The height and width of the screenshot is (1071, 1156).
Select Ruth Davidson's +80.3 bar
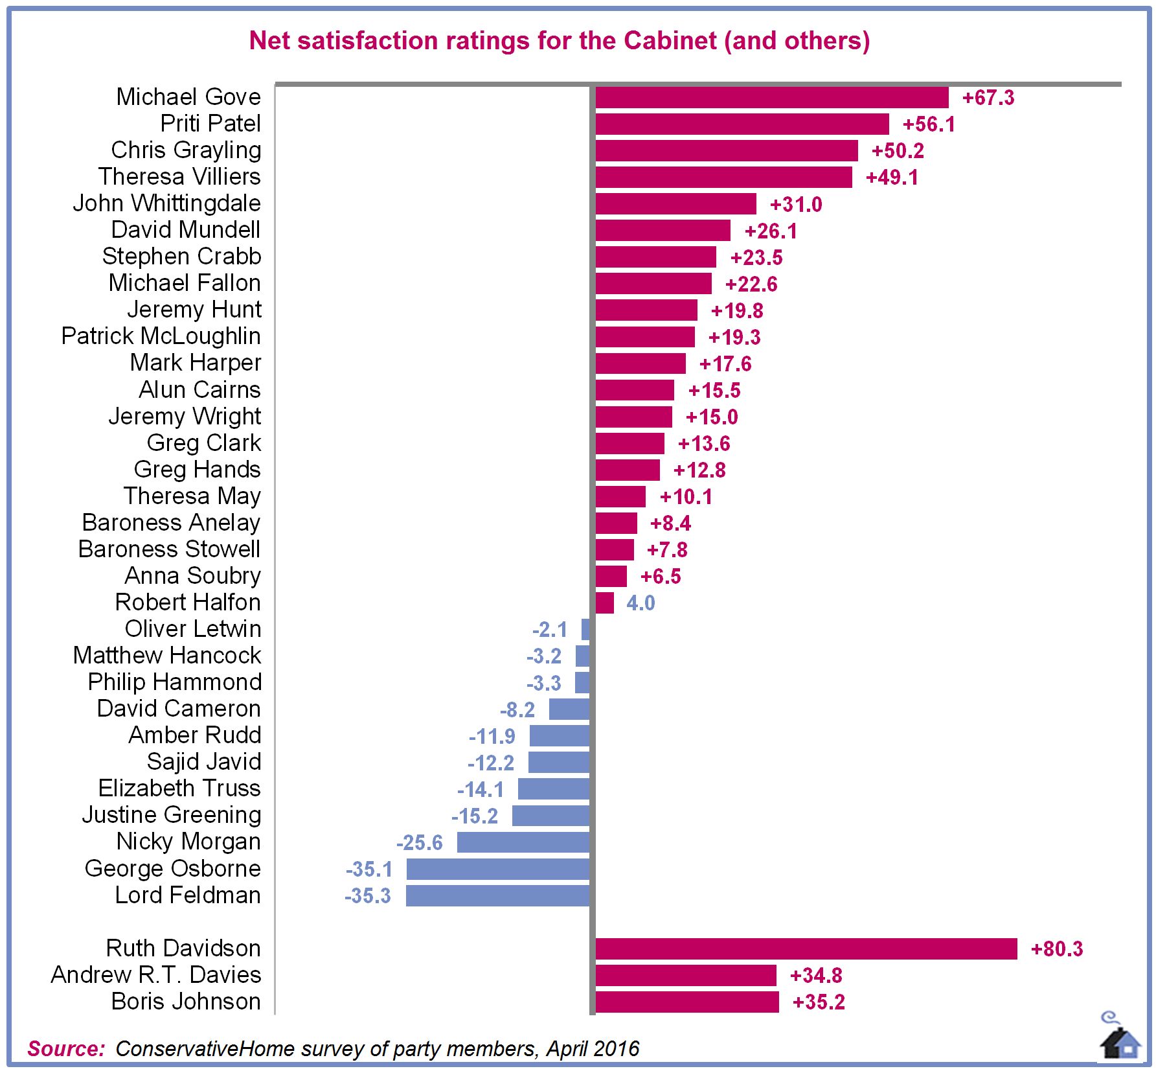(x=806, y=949)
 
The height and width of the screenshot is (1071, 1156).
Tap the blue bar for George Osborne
(x=497, y=869)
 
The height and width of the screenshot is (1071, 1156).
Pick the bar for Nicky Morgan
(x=523, y=842)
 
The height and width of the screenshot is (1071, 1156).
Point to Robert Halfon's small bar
(x=604, y=603)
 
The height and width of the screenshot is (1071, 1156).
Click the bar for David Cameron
(x=569, y=709)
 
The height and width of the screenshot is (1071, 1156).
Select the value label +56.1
(x=929, y=124)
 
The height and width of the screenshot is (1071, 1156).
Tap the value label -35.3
(x=368, y=896)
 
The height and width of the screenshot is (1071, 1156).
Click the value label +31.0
(x=796, y=205)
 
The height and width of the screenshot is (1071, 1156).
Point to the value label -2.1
(x=550, y=630)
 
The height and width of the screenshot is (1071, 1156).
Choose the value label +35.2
(x=819, y=1002)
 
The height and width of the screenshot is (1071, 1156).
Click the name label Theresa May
(x=192, y=496)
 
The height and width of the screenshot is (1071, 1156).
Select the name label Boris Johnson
(x=186, y=1002)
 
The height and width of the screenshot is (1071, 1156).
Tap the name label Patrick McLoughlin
(x=161, y=336)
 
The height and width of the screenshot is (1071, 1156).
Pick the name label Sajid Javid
(x=204, y=762)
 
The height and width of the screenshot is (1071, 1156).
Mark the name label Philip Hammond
(x=175, y=682)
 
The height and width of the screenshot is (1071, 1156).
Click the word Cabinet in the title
(x=670, y=41)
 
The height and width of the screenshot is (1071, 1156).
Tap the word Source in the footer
(x=65, y=1048)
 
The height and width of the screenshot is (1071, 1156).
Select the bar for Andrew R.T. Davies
(x=685, y=975)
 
